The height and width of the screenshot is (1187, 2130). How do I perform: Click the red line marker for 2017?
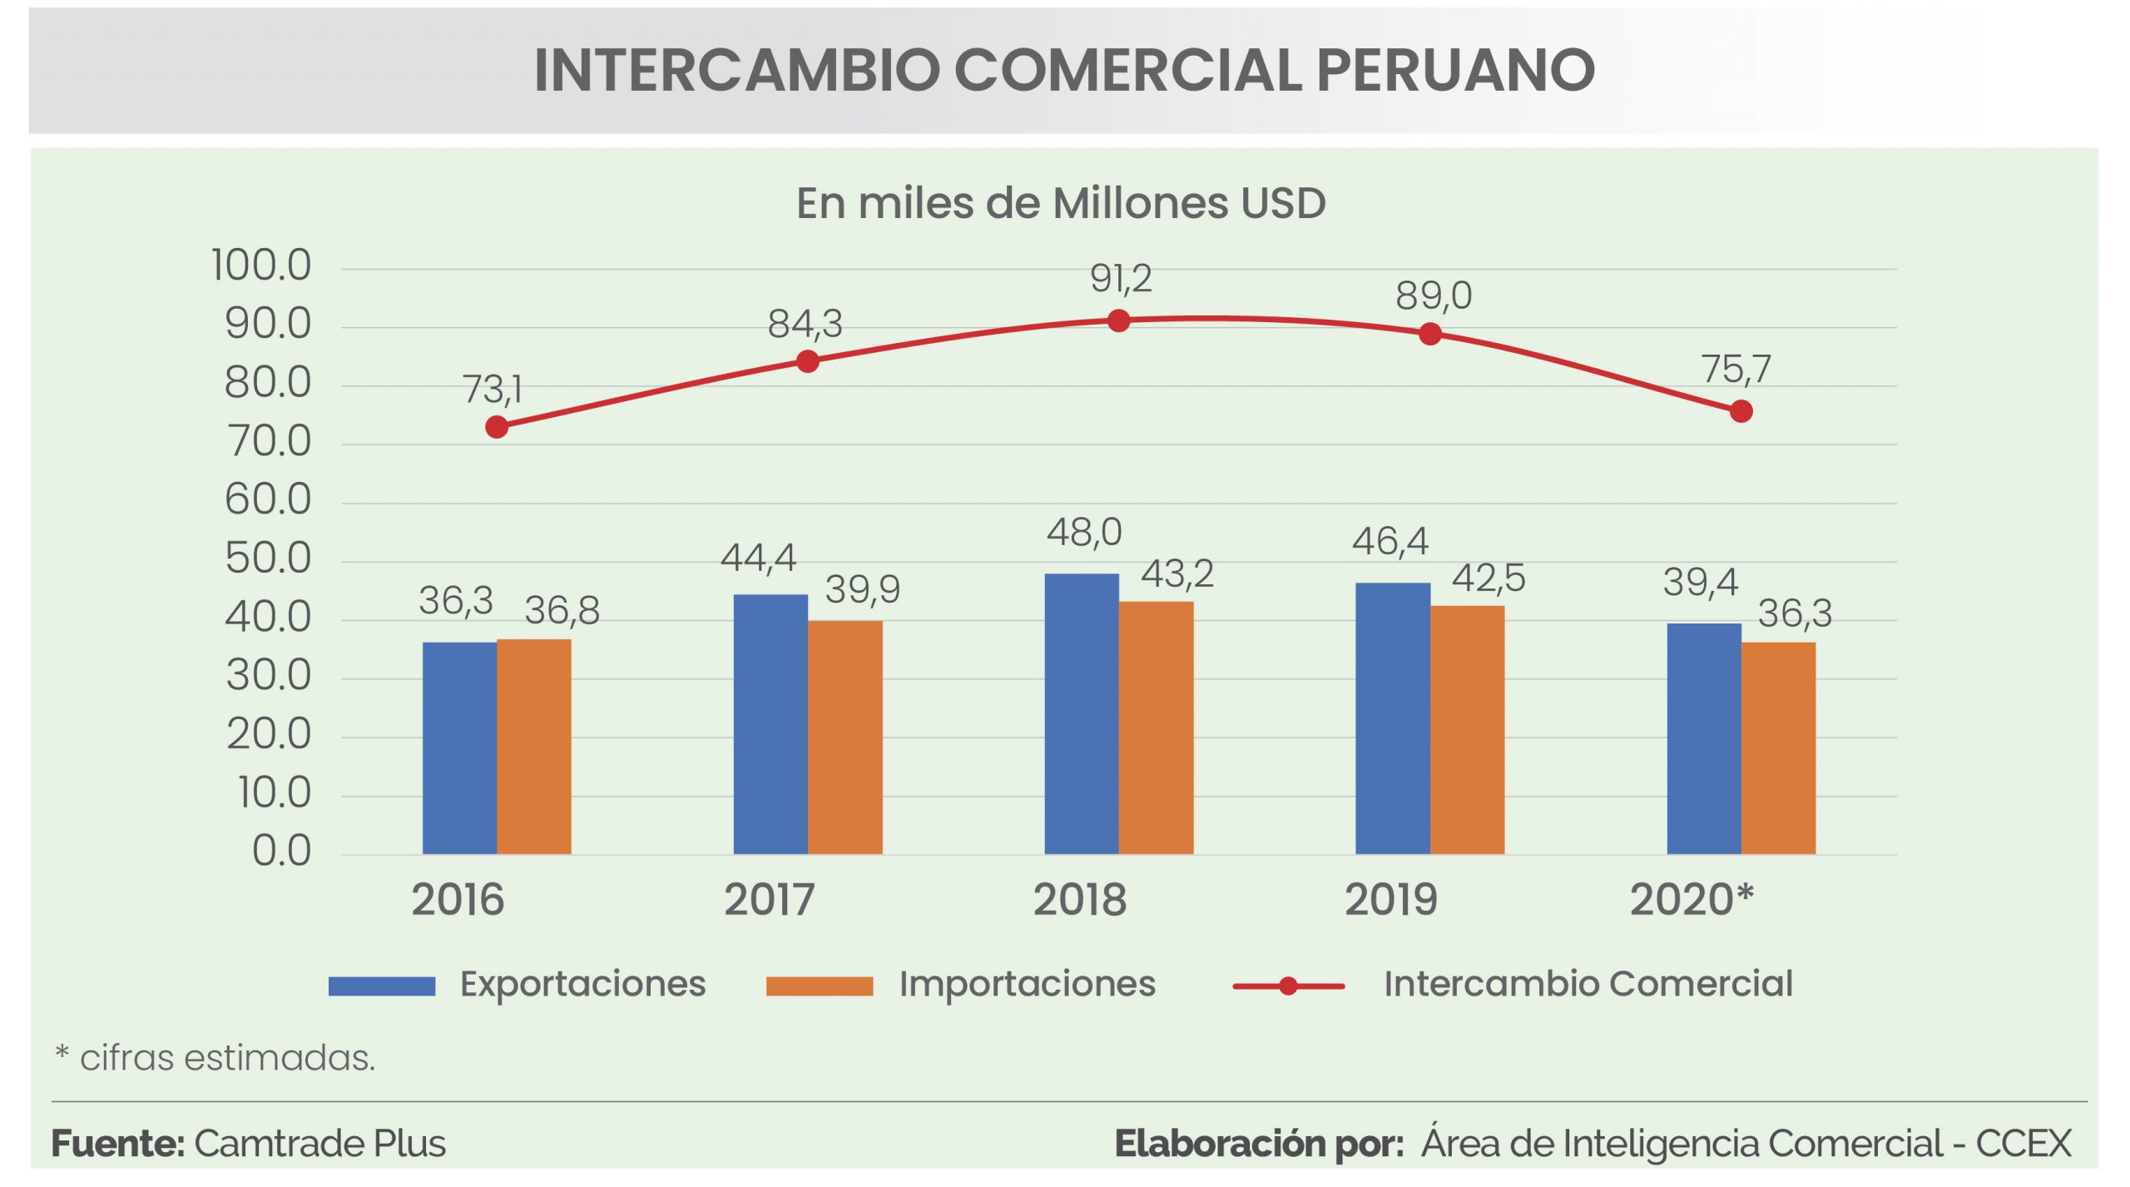tap(807, 361)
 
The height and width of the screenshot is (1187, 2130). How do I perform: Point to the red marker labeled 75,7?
tap(1741, 411)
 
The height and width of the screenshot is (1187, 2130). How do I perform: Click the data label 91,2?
tap(1121, 278)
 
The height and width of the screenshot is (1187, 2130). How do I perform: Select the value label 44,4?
tap(758, 558)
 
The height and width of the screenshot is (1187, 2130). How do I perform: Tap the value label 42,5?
tap(1488, 578)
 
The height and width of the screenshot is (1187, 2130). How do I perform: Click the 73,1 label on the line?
tap(493, 389)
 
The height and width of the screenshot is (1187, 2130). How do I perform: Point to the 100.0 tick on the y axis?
tap(261, 266)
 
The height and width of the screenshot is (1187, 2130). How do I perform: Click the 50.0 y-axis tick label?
tap(268, 559)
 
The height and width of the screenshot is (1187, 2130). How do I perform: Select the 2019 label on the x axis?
tap(1390, 900)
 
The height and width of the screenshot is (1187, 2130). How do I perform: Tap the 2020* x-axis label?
tap(1692, 900)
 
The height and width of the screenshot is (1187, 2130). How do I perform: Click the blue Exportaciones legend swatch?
tap(381, 986)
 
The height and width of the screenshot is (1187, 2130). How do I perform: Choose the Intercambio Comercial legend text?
tap(1588, 984)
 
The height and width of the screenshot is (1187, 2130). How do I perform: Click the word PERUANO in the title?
tap(1455, 70)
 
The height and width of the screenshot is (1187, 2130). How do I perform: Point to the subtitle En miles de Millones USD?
tap(1061, 203)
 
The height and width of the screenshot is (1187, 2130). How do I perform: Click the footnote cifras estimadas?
tap(227, 1058)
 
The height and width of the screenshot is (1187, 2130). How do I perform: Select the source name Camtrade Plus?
tap(319, 1144)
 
